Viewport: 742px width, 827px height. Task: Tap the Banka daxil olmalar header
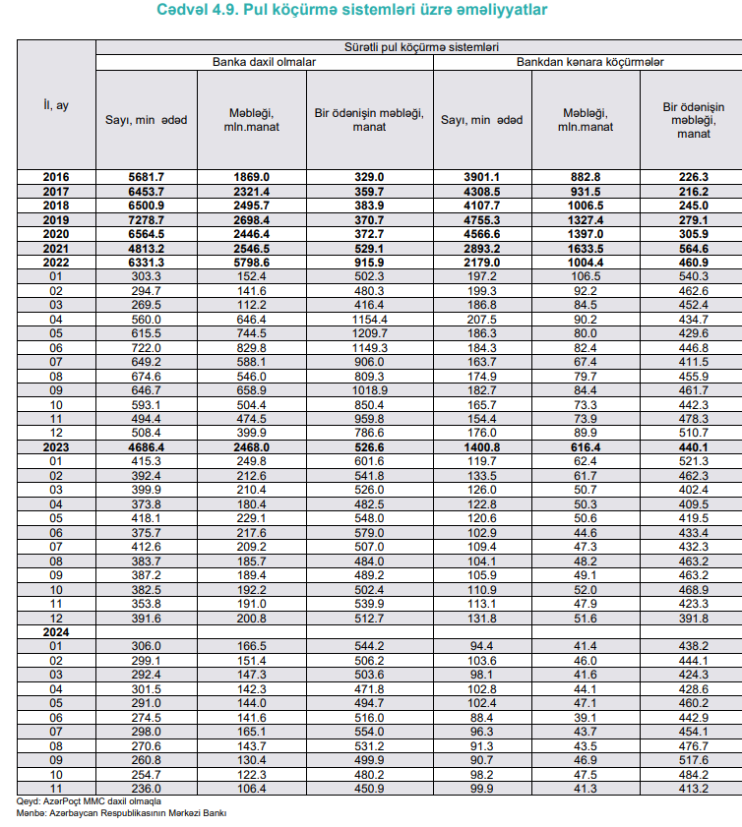pyautogui.click(x=265, y=61)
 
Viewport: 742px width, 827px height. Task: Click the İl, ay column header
pyautogui.click(x=56, y=104)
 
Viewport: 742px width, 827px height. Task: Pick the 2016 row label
pyautogui.click(x=56, y=177)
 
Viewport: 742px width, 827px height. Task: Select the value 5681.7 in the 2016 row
pyautogui.click(x=146, y=177)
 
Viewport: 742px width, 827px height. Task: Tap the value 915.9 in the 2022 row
pyautogui.click(x=369, y=264)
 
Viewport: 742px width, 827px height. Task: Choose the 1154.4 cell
pyautogui.click(x=369, y=321)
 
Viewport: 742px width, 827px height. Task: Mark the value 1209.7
pyautogui.click(x=369, y=334)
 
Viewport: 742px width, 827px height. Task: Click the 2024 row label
pyautogui.click(x=56, y=631)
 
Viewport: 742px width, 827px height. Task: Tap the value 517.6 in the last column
pyautogui.click(x=693, y=760)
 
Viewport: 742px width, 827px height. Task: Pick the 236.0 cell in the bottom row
pyautogui.click(x=146, y=788)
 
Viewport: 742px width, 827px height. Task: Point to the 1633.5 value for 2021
pyautogui.click(x=585, y=250)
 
